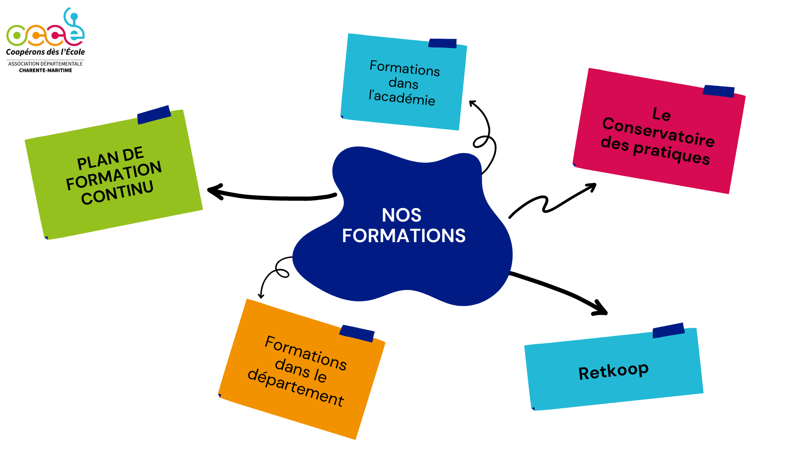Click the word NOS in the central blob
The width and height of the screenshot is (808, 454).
point(401,215)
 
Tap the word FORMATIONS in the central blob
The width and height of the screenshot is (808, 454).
point(404,236)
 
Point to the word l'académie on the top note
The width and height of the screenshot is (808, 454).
point(402,98)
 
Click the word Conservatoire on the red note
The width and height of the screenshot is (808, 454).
point(658,132)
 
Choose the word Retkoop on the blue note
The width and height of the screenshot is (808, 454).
point(613,371)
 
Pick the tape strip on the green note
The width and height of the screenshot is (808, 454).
point(154,114)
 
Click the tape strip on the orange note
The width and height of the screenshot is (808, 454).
point(357,333)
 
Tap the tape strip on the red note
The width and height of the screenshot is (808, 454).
point(718,91)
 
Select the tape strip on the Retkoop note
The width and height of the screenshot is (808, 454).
point(668,330)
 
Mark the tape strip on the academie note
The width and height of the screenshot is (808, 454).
point(442,43)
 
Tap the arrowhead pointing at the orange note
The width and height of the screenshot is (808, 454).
point(261,296)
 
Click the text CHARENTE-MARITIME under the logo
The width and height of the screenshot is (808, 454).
point(45,70)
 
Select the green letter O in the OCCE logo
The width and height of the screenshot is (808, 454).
point(16,36)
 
